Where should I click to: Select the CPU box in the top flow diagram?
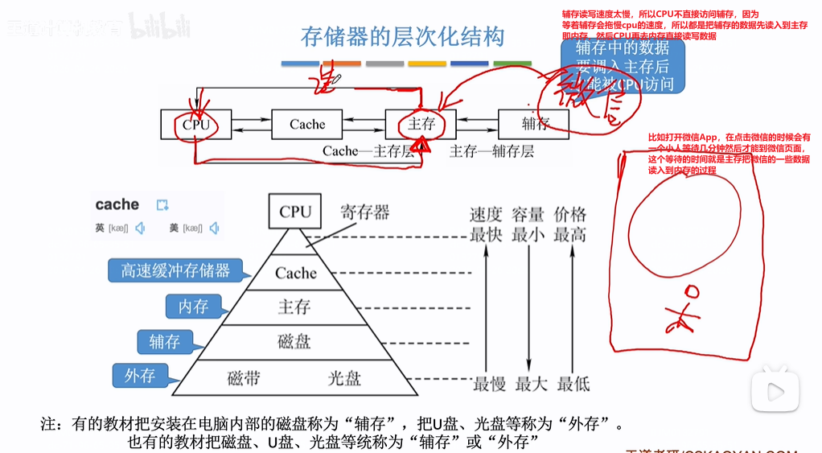pyautogui.click(x=195, y=125)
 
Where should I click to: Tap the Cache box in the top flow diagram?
pyautogui.click(x=307, y=125)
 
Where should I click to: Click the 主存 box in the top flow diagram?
pyautogui.click(x=421, y=125)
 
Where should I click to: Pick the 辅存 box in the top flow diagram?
pyautogui.click(x=535, y=125)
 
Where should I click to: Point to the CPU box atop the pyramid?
pyautogui.click(x=295, y=212)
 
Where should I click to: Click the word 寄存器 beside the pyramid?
pyautogui.click(x=364, y=212)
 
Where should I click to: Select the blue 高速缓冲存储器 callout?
pyautogui.click(x=175, y=270)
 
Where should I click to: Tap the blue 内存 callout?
pyautogui.click(x=193, y=306)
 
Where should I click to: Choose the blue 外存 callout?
pyautogui.click(x=139, y=376)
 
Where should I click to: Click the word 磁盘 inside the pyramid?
pyautogui.click(x=294, y=341)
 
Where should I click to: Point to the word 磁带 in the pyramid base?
pyautogui.click(x=244, y=377)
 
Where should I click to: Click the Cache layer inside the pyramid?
pyautogui.click(x=295, y=273)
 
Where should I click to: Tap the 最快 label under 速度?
pyautogui.click(x=486, y=235)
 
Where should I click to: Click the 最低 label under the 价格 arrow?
pyautogui.click(x=573, y=384)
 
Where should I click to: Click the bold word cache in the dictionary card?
pyautogui.click(x=117, y=204)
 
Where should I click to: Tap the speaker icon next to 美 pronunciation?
pyautogui.click(x=214, y=229)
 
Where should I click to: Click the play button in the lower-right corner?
pyautogui.click(x=775, y=392)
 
